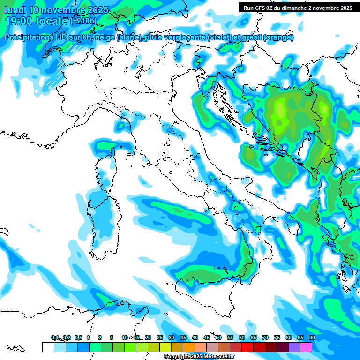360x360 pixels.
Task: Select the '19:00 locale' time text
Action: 36,21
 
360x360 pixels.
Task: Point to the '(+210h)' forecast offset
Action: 83,21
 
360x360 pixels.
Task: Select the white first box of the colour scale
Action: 48,347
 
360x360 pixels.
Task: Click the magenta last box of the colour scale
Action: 306,347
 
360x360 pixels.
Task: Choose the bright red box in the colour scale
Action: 247,347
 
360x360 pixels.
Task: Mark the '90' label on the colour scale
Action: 312,337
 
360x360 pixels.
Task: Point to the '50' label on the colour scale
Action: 218,337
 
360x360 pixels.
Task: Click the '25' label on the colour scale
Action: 159,337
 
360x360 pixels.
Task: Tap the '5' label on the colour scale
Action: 112,337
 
